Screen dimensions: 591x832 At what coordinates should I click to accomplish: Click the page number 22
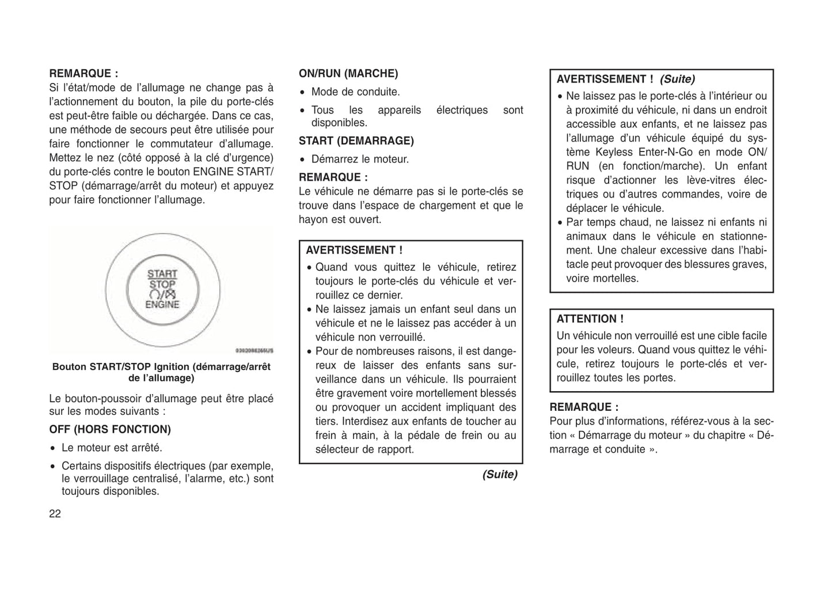55,514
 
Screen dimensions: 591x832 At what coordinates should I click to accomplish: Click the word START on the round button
162,274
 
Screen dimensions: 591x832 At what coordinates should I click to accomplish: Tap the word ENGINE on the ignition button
162,305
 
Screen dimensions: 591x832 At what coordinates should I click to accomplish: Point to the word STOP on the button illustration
162,285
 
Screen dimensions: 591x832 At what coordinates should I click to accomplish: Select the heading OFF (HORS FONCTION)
110,430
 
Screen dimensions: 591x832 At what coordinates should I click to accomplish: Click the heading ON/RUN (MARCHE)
348,74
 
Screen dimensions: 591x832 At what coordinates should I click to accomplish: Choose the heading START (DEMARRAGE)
356,141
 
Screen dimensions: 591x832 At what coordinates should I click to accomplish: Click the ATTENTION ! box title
590,319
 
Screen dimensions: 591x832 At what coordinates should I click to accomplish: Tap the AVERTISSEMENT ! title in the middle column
354,251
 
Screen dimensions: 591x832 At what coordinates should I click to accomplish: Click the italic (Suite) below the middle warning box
500,475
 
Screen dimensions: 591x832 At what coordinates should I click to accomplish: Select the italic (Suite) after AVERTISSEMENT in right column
677,79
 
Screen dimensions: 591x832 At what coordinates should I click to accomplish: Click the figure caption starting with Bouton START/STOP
161,372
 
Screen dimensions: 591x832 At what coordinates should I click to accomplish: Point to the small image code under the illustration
254,350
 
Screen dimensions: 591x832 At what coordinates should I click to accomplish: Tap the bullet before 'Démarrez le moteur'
303,160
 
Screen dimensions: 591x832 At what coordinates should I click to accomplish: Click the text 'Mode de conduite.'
355,92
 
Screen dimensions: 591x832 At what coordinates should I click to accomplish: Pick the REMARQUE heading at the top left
83,74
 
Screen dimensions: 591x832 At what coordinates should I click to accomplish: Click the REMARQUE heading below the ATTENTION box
584,407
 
